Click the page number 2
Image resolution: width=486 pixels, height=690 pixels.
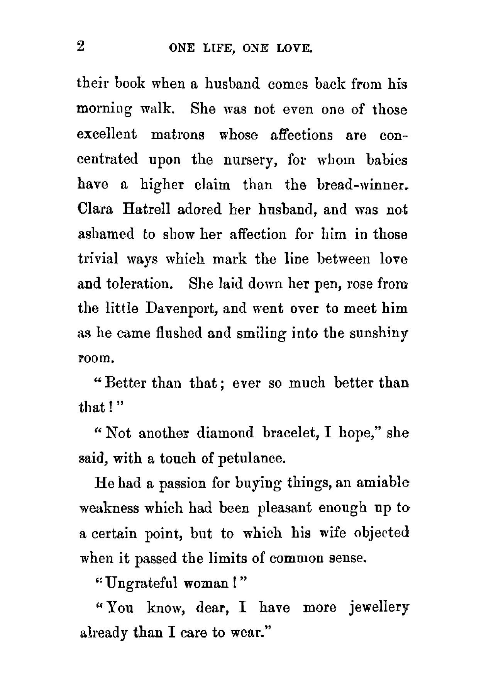[81, 47]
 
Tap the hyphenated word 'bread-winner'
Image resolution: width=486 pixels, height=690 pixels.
[362, 184]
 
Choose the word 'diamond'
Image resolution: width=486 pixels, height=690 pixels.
[225, 433]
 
